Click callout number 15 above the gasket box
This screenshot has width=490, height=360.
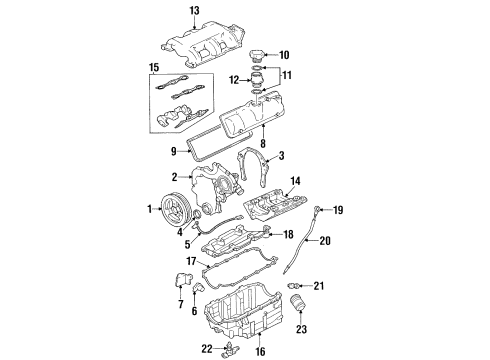coord(153,68)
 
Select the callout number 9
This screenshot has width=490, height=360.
coord(173,152)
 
